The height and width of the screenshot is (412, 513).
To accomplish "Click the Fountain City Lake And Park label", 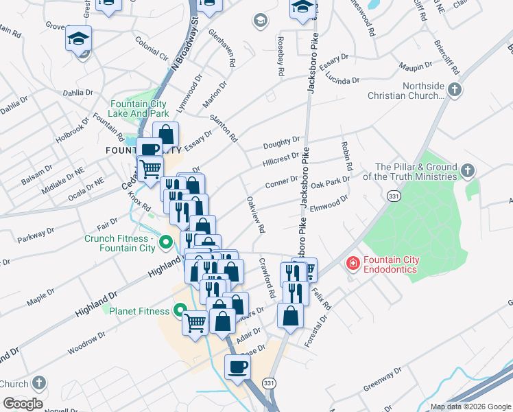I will [139, 108].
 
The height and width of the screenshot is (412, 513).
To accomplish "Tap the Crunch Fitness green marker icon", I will [165, 242].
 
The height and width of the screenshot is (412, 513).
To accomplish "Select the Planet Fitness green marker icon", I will [180, 311].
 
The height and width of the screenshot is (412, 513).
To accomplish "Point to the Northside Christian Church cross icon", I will [453, 90].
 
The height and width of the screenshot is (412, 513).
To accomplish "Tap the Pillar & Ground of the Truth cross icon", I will [466, 170].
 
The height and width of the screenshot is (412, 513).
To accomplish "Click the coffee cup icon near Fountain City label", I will [150, 149].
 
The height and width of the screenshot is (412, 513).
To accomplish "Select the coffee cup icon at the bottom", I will [238, 366].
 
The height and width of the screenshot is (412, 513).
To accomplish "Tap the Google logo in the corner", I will [23, 404].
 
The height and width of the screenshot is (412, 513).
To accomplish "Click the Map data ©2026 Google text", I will [470, 407].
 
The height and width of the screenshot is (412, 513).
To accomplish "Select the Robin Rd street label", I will [346, 156].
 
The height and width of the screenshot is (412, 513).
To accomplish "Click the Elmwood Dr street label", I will [329, 204].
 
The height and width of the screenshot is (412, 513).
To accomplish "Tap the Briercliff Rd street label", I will [448, 47].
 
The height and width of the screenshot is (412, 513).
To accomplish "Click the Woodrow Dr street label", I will [86, 344].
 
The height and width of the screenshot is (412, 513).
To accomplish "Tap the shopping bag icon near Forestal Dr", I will [290, 316].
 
